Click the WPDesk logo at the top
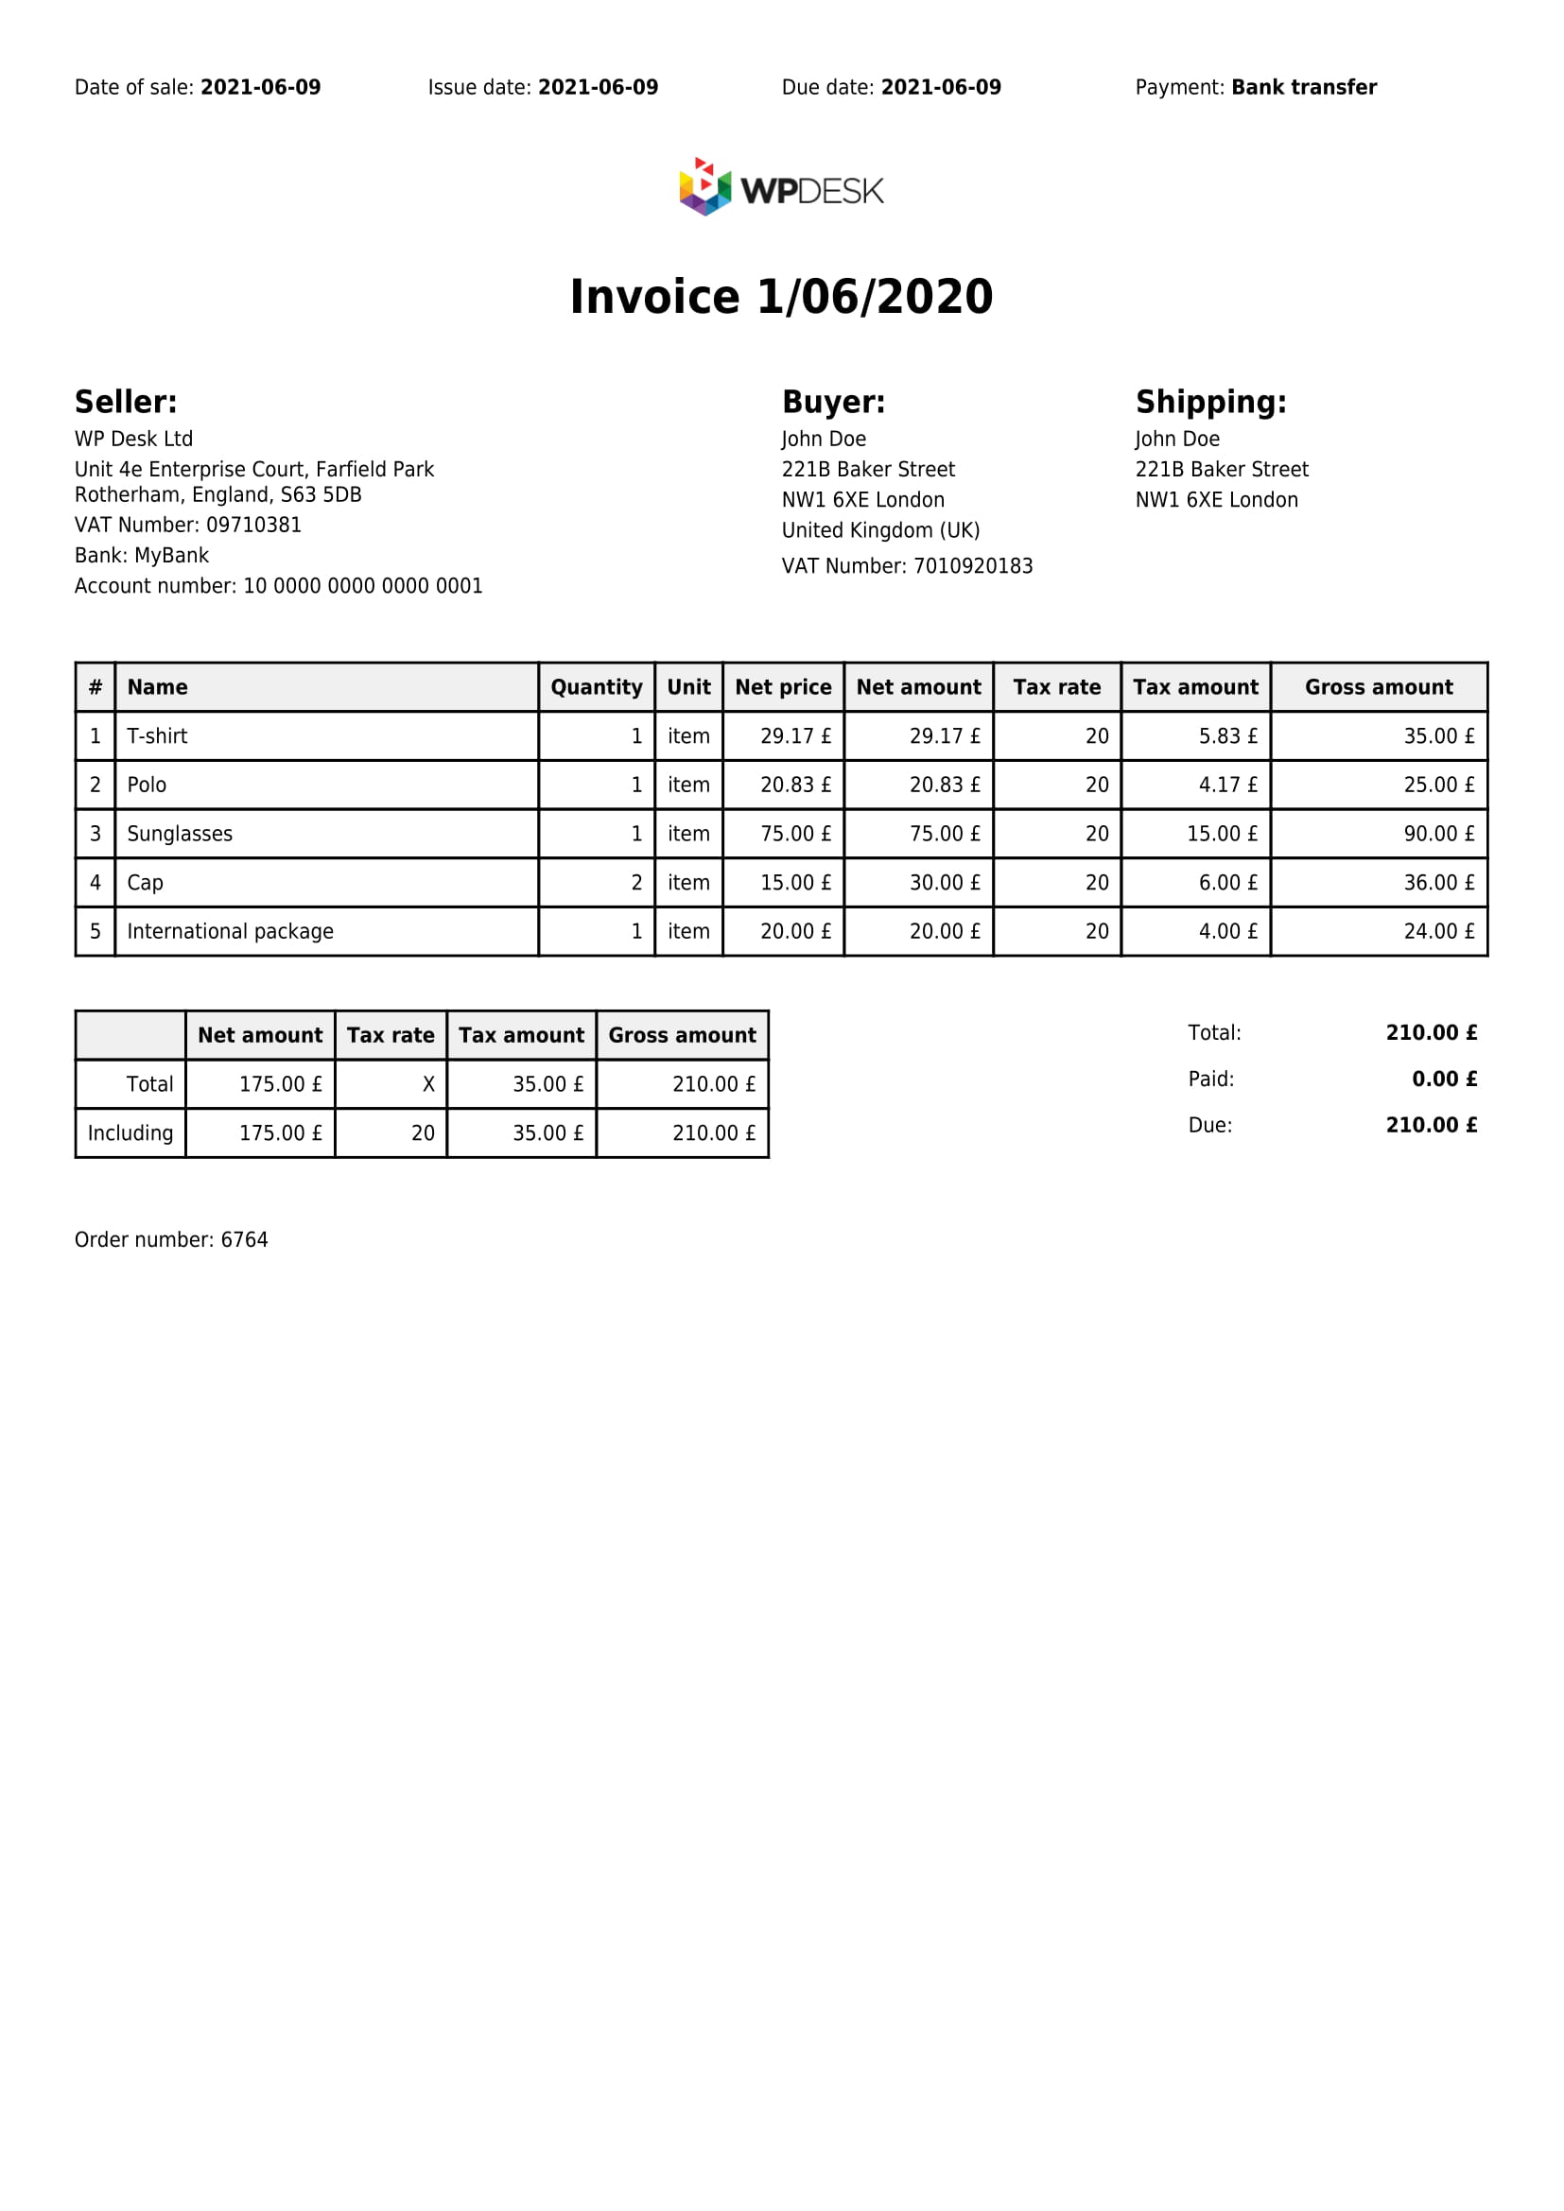pos(781,188)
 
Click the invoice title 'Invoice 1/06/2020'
pos(781,297)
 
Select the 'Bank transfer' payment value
pos(1304,88)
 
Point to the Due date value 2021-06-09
pos(941,88)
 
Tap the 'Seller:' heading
pos(126,403)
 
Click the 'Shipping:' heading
pos(1210,403)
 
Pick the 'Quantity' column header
pos(596,687)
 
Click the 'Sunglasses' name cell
pos(180,834)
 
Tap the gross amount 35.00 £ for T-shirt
pos(1439,736)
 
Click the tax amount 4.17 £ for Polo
pos(1228,786)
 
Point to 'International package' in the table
pos(230,932)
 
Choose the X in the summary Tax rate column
pos(428,1085)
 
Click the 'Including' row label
pos(130,1133)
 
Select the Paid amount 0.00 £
pos(1444,1080)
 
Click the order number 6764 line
pos(171,1240)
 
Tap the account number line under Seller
pos(278,586)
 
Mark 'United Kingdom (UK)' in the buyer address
pos(880,530)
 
